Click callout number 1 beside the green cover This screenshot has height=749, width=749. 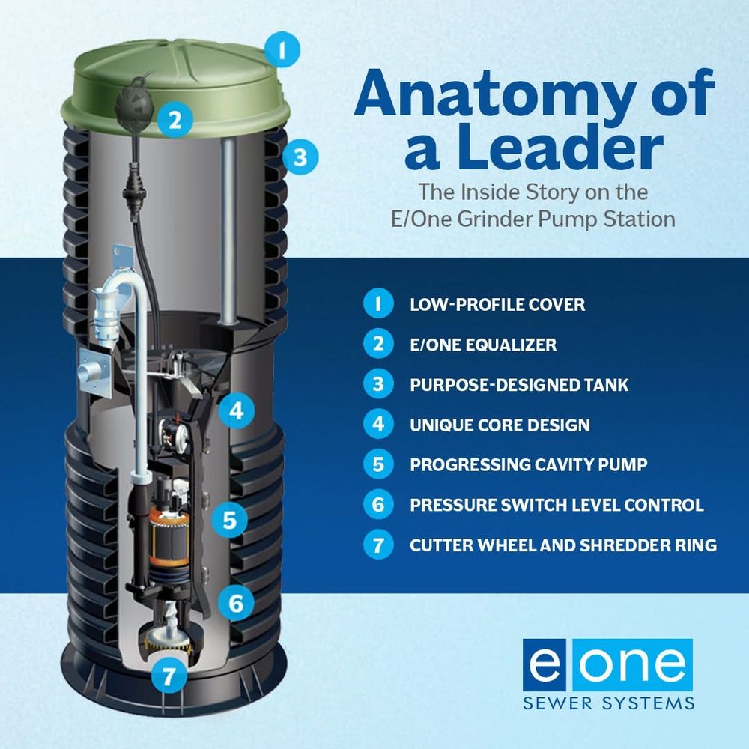point(282,49)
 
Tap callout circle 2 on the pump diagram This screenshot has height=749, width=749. point(175,119)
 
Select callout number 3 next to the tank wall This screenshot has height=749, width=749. point(300,157)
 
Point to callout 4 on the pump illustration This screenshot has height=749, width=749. point(237,410)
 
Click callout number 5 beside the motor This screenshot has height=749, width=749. point(230,519)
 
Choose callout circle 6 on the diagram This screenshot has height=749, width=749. point(236,603)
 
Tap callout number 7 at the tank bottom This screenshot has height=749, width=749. point(169,676)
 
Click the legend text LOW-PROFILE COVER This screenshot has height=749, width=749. point(497,305)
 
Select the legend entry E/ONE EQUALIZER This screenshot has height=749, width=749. point(483,345)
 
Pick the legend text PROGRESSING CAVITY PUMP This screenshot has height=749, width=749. point(529,465)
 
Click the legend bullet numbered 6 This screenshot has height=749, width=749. point(378,504)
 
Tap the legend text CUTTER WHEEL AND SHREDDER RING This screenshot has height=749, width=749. point(563,545)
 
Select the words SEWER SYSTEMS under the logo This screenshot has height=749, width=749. point(608,703)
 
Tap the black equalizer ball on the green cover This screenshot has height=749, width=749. point(134,102)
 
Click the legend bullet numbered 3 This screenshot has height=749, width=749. point(378,384)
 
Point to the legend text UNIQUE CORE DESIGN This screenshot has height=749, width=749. point(500,425)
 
